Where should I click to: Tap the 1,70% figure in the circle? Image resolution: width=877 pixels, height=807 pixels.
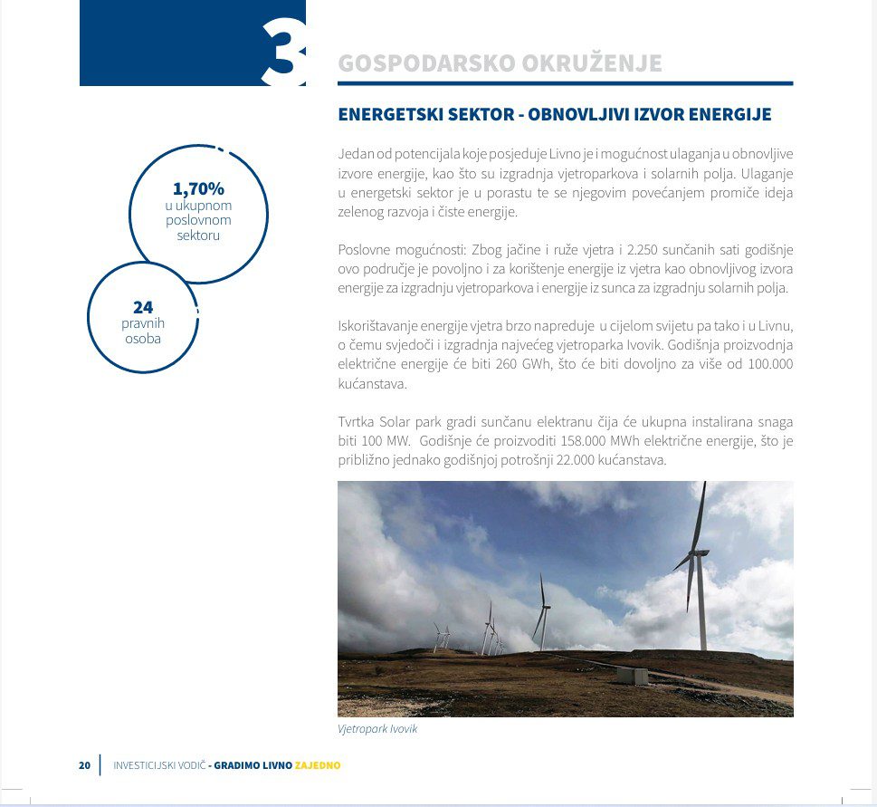pyautogui.click(x=198, y=189)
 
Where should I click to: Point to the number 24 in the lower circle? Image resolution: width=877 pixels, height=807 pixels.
pyautogui.click(x=143, y=308)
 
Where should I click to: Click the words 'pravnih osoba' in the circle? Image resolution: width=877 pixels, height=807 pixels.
pyautogui.click(x=143, y=331)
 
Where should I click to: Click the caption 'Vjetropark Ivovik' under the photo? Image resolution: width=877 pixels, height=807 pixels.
pyautogui.click(x=377, y=729)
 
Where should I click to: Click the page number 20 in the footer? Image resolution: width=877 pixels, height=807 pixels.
pyautogui.click(x=84, y=765)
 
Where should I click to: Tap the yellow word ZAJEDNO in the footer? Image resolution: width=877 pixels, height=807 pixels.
pyautogui.click(x=318, y=765)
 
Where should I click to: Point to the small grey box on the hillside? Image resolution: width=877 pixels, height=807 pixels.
pyautogui.click(x=633, y=676)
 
